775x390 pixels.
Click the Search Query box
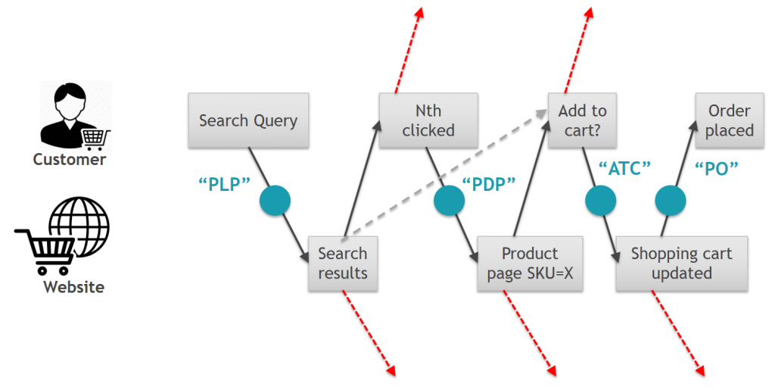click(248, 120)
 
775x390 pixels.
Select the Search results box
click(342, 263)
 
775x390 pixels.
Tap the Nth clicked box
click(428, 120)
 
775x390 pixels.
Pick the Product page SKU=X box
click(530, 263)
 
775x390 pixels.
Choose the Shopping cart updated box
click(681, 263)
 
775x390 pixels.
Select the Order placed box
click(730, 120)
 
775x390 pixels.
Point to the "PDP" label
click(489, 186)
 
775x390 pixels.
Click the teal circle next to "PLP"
click(275, 201)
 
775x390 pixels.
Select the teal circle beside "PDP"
click(448, 201)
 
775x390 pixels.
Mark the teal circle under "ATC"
click(600, 201)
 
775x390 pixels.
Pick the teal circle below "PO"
click(669, 201)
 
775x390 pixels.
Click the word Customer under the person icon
click(70, 160)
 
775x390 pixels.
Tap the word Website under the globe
click(73, 287)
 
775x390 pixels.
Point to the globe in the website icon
click(79, 225)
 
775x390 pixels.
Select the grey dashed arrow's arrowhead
click(543, 113)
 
